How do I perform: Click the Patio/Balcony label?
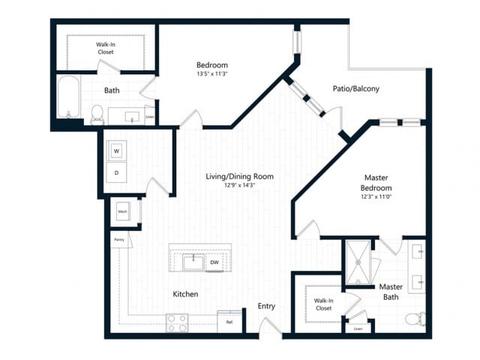(355, 88)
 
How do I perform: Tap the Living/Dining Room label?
(239, 176)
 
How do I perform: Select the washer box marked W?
(116, 150)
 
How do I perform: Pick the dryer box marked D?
(116, 172)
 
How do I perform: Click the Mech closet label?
(122, 212)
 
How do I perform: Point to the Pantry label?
(118, 240)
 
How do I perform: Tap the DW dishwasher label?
(214, 262)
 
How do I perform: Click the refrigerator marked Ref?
(229, 322)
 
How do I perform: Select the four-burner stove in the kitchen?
(177, 323)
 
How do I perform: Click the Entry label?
(266, 306)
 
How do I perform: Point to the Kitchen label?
(185, 294)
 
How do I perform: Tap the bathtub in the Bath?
(69, 97)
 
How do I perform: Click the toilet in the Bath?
(97, 114)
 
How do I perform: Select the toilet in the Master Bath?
(414, 319)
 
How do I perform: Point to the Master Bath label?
(391, 292)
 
